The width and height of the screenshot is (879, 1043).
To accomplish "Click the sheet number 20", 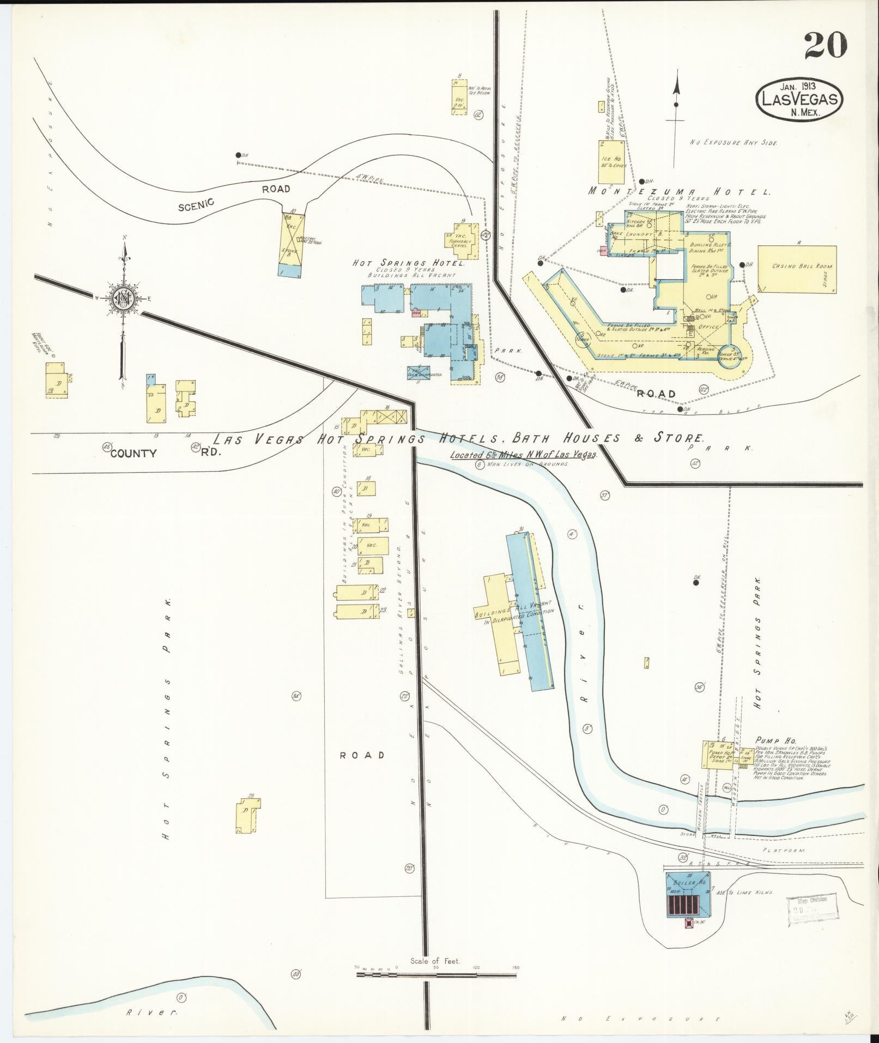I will (825, 45).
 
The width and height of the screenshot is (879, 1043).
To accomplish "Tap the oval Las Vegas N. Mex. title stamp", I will (799, 99).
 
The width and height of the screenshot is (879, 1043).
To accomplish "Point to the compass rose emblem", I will (124, 298).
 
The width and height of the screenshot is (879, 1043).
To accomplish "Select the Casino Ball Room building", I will (796, 269).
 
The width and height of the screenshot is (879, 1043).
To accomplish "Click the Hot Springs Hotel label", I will (408, 263).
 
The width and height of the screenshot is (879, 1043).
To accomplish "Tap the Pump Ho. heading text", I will (775, 741).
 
